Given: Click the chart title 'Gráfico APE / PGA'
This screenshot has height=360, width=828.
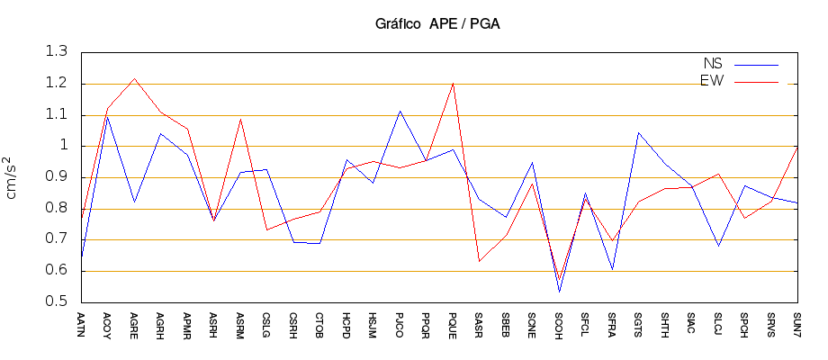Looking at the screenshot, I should [437, 23].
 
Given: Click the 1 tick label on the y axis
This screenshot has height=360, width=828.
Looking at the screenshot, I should [64, 146].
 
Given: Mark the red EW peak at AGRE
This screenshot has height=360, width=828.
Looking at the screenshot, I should [134, 78].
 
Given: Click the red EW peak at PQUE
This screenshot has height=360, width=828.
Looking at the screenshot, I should [453, 84].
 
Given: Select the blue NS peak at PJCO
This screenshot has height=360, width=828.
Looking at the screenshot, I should [400, 111].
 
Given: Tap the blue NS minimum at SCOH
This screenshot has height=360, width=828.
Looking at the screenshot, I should [559, 292].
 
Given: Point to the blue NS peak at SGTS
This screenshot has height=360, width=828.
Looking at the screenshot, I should [638, 132].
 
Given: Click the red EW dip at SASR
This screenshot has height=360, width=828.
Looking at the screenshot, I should [479, 261].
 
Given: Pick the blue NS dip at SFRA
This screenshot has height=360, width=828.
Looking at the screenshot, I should [612, 269].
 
